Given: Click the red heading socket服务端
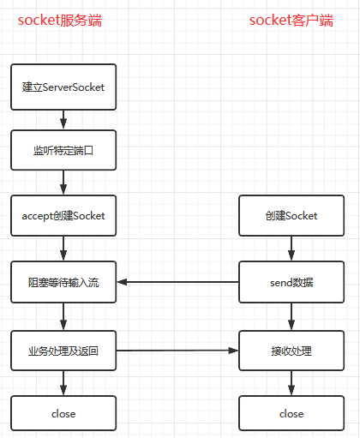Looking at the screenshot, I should [60, 20].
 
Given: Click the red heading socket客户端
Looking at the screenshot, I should [291, 20].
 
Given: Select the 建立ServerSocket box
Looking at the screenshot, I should [63, 87].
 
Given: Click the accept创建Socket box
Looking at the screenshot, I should [63, 216].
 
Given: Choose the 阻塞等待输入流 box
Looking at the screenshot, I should [63, 282].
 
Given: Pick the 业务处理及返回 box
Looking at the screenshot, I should [63, 350].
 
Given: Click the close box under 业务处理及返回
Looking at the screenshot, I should [63, 413].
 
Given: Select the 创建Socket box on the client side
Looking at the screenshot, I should [291, 216].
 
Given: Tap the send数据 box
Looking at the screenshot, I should [291, 282].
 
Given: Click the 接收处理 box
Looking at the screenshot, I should [291, 350].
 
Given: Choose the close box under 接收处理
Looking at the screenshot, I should [291, 413].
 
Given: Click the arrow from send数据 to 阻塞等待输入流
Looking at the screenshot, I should [177, 282].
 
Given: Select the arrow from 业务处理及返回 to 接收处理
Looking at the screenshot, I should [177, 350].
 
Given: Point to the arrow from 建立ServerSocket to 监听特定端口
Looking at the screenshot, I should [63, 118].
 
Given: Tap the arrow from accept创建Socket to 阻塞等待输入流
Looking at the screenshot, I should [63, 249].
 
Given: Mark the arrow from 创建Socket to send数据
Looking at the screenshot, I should [291, 249].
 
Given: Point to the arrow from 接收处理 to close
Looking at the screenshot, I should [291, 382].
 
